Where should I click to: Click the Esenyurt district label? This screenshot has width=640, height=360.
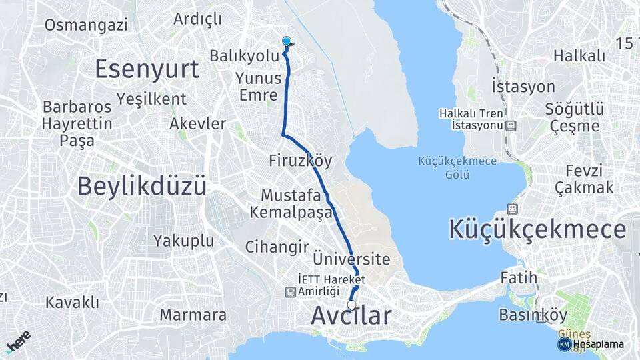click(x=147, y=69)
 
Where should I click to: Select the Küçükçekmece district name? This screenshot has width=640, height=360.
click(x=537, y=229)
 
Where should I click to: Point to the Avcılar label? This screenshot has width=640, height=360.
click(x=351, y=316)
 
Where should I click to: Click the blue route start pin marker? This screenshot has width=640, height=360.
click(x=287, y=42)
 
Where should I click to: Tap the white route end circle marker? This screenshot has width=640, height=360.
click(x=351, y=305)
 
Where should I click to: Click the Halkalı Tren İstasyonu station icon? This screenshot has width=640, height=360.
click(x=511, y=125)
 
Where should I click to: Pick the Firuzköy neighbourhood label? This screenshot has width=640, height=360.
click(x=300, y=161)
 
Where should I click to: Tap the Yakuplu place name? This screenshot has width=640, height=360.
click(x=183, y=240)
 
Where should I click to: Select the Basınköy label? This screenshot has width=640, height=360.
click(x=533, y=315)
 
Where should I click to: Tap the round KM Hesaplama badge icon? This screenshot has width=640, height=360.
click(x=564, y=344)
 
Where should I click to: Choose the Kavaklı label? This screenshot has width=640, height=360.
click(x=72, y=303)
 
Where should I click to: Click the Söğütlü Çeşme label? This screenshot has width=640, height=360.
click(x=574, y=117)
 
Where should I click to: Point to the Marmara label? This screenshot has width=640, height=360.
click(x=193, y=315)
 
